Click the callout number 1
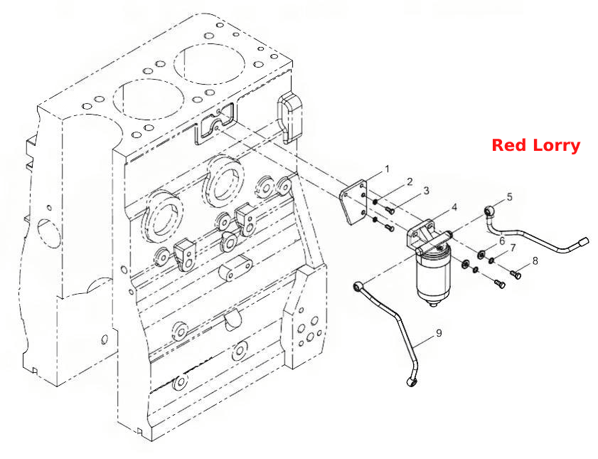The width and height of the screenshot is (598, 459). (387, 169)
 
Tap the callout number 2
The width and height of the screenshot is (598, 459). (410, 181)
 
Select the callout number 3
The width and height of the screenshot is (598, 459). (426, 191)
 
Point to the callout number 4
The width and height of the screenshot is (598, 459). (454, 207)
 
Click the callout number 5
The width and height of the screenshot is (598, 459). (510, 197)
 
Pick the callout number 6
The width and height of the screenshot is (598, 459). (502, 241)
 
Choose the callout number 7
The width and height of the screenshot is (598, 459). (513, 248)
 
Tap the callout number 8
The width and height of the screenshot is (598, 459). (535, 261)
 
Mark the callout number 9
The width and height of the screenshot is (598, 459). (439, 333)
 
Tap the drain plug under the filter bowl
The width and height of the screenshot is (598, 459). (433, 304)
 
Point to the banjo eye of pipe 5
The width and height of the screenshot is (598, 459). (489, 210)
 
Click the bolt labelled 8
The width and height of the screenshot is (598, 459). (516, 273)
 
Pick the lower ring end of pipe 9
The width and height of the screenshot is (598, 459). (411, 381)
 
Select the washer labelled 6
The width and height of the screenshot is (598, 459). (481, 254)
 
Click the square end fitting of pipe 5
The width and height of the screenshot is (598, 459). (584, 241)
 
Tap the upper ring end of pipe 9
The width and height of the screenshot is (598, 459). (358, 286)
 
